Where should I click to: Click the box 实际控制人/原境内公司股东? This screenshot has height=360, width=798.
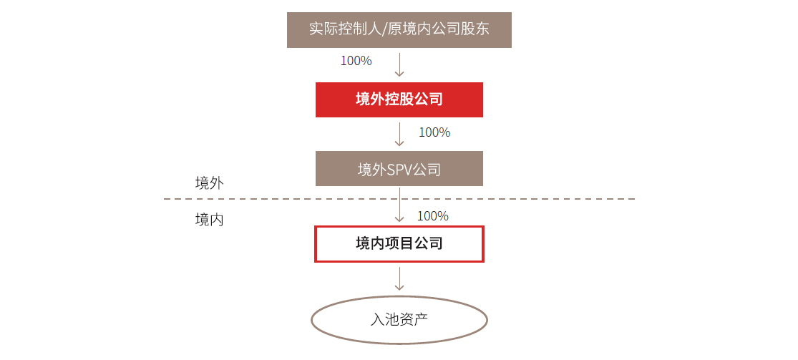coord(399,30)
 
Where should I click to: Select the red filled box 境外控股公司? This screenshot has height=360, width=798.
coord(399,99)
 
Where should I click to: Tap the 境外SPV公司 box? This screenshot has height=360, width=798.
coord(399,168)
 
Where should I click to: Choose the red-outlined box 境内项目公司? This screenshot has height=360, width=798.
coord(399,244)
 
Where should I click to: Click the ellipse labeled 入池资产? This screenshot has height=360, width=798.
coord(399,320)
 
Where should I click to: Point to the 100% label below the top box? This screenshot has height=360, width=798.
coord(356,61)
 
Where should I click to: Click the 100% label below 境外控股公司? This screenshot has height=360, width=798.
coord(434,132)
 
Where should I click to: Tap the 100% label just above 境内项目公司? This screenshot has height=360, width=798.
coord(433,216)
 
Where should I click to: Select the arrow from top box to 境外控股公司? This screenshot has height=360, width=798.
coord(399,64)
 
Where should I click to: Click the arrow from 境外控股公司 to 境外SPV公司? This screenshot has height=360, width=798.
coord(399,135)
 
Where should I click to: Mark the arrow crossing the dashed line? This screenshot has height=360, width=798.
coord(399,205)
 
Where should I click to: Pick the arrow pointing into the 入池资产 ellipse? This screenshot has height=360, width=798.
coord(399,278)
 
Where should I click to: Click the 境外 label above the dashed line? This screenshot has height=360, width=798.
coord(209,183)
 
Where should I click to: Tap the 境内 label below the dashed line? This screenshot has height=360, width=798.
coord(209,220)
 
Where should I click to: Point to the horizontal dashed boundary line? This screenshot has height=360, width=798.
coord(399,198)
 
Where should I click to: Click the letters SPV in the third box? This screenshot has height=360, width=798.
coord(399,169)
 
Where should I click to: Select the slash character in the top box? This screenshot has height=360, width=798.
coord(384,29)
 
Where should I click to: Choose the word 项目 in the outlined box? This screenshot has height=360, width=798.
coord(399,243)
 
